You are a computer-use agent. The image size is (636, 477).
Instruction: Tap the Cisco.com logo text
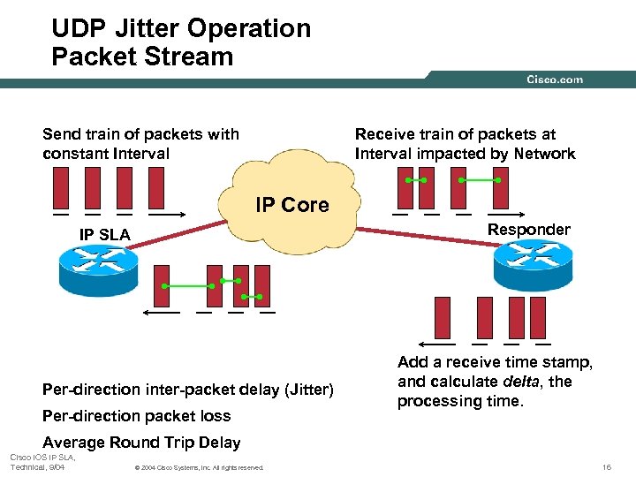click(555, 79)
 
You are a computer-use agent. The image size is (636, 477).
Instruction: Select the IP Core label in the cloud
click(291, 205)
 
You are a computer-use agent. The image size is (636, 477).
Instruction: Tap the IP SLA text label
click(104, 235)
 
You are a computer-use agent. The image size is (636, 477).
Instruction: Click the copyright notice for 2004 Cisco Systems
click(196, 467)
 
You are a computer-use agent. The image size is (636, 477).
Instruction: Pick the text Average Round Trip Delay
click(141, 443)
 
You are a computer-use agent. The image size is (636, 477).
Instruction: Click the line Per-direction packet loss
click(136, 416)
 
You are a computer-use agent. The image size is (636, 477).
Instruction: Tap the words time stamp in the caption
click(548, 362)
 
